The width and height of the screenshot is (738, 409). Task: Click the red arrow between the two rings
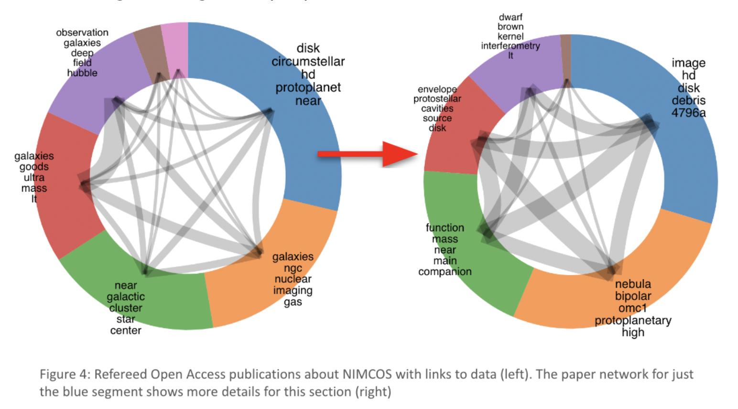[368, 154]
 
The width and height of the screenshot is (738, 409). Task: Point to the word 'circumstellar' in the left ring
[308, 62]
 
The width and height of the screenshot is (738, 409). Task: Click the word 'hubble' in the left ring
[82, 73]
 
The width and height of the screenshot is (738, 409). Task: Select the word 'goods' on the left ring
[34, 167]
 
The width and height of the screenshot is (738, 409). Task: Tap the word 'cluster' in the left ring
[126, 308]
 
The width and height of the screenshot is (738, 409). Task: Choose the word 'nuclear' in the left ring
[293, 279]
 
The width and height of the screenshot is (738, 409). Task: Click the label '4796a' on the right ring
[688, 113]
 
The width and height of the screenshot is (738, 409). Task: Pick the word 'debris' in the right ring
[688, 100]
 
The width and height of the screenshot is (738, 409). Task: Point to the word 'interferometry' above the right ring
[510, 46]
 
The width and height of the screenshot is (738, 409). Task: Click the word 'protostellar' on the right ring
[437, 99]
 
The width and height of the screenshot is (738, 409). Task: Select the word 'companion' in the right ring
[445, 272]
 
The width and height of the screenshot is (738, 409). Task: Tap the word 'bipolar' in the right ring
[633, 296]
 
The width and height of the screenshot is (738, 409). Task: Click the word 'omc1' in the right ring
[633, 308]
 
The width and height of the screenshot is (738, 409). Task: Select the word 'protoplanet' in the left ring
[308, 87]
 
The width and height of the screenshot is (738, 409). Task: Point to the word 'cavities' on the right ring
[437, 108]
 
